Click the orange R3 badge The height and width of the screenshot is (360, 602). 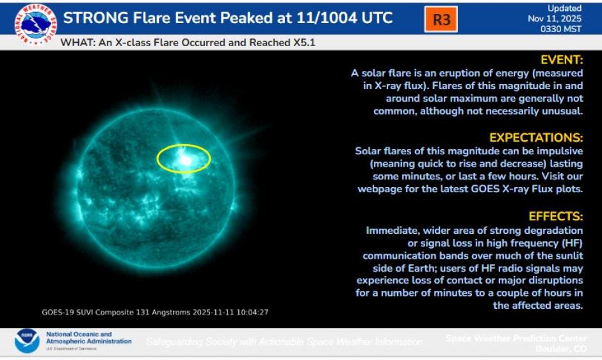click(441, 19)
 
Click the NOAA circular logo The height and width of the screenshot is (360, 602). click(27, 341)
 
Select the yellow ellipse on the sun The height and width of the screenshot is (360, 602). click(184, 158)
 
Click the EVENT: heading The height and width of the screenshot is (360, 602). click(561, 60)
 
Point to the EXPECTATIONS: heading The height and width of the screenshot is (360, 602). click(536, 138)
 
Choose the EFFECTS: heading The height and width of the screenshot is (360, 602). click(556, 217)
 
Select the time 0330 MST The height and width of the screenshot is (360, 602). click(567, 28)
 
